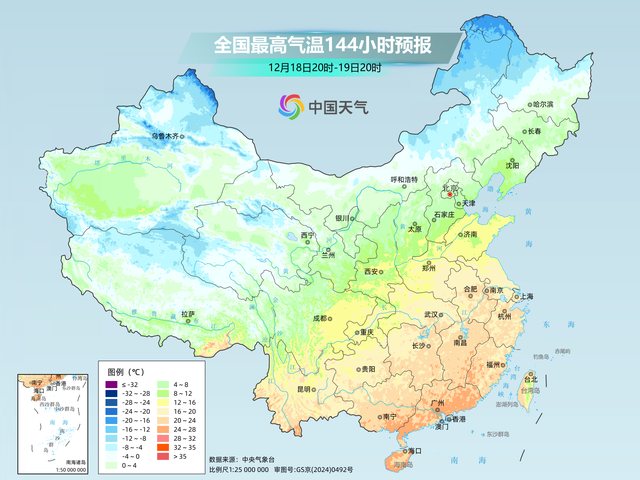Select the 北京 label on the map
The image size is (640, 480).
click(450, 187)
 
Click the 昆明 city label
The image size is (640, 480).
click(277, 389)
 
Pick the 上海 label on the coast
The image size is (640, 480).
click(522, 297)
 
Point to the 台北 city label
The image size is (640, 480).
click(531, 379)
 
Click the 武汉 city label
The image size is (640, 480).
click(431, 314)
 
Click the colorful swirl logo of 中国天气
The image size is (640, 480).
click(290, 105)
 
